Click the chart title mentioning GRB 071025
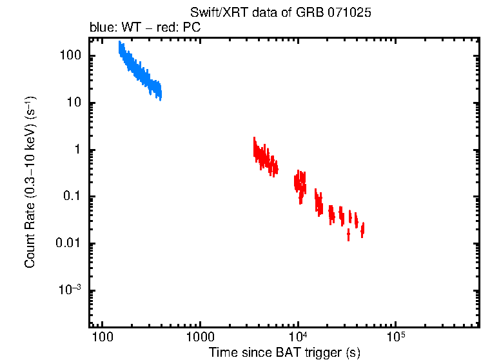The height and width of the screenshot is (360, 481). [x=280, y=13]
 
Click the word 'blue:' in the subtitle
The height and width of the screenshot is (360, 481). [x=102, y=28]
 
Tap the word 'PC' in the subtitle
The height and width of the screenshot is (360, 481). [x=192, y=28]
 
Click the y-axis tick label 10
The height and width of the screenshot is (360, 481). [x=74, y=103]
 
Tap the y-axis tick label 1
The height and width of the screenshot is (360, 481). [x=77, y=150]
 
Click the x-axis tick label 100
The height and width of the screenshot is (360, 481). [x=101, y=337]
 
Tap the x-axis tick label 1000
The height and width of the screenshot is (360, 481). [x=199, y=337]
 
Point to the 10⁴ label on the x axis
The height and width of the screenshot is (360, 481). [x=299, y=336]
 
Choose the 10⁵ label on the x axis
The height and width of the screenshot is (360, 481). [x=396, y=336]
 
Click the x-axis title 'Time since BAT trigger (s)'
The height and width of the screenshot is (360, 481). [x=284, y=352]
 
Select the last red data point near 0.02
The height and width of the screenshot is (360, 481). [x=363, y=229]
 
